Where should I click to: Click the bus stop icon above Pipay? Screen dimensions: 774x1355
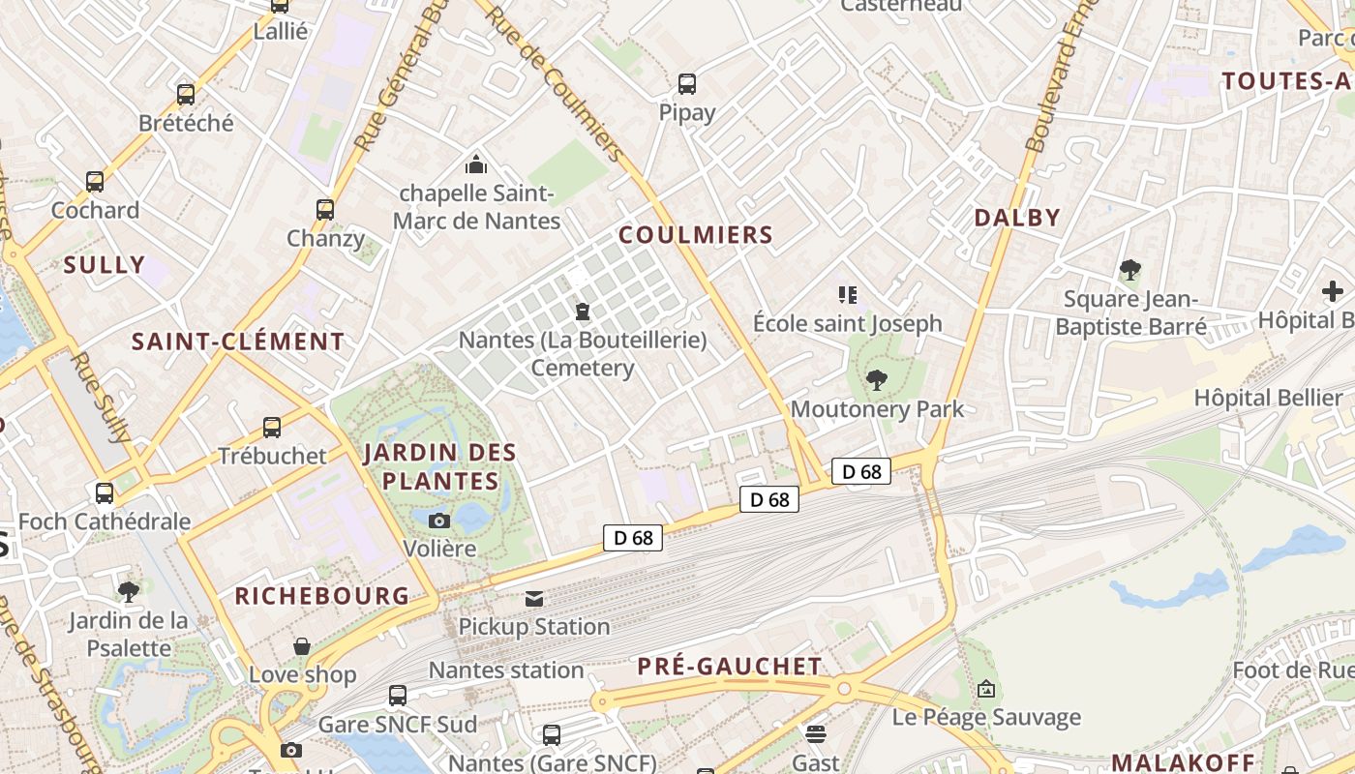[687, 84]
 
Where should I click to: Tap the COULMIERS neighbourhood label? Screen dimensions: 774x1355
[696, 235]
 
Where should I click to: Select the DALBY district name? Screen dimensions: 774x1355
[1017, 218]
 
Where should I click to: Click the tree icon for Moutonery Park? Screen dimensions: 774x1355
[877, 380]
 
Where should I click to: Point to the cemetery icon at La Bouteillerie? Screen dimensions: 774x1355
[583, 312]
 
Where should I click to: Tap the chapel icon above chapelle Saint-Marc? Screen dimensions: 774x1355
[475, 164]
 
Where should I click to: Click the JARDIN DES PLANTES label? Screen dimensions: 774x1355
[440, 466]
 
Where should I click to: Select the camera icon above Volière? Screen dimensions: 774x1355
[439, 521]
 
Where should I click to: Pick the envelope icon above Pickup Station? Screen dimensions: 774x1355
[534, 599]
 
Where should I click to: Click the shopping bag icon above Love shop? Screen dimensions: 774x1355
[302, 646]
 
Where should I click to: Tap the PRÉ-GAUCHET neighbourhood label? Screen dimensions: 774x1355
[730, 667]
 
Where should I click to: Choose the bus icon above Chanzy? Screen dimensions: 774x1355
[325, 210]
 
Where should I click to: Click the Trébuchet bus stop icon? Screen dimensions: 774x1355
[272, 428]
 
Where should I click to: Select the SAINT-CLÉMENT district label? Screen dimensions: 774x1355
[238, 342]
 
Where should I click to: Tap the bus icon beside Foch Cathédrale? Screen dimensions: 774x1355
[105, 493]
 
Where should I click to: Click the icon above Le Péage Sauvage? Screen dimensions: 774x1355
[985, 689]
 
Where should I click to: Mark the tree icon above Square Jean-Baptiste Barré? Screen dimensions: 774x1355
[1129, 270]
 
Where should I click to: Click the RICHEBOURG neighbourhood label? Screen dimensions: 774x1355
[322, 596]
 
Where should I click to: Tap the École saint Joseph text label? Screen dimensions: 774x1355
[847, 323]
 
